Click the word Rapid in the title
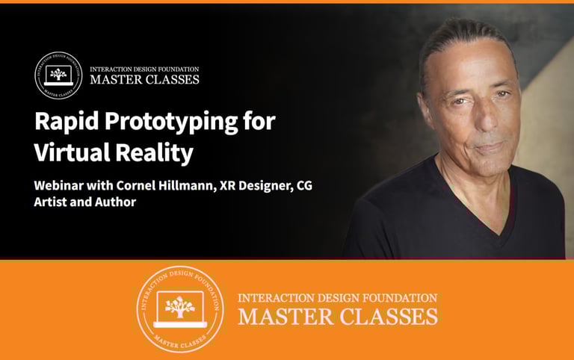(67, 122)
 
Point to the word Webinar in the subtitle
(59, 185)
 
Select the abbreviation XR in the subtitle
(227, 185)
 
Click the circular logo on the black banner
(58, 75)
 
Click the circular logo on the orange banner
(180, 309)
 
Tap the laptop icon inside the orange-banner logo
(179, 309)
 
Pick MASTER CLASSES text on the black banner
(144, 79)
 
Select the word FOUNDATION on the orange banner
(402, 298)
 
